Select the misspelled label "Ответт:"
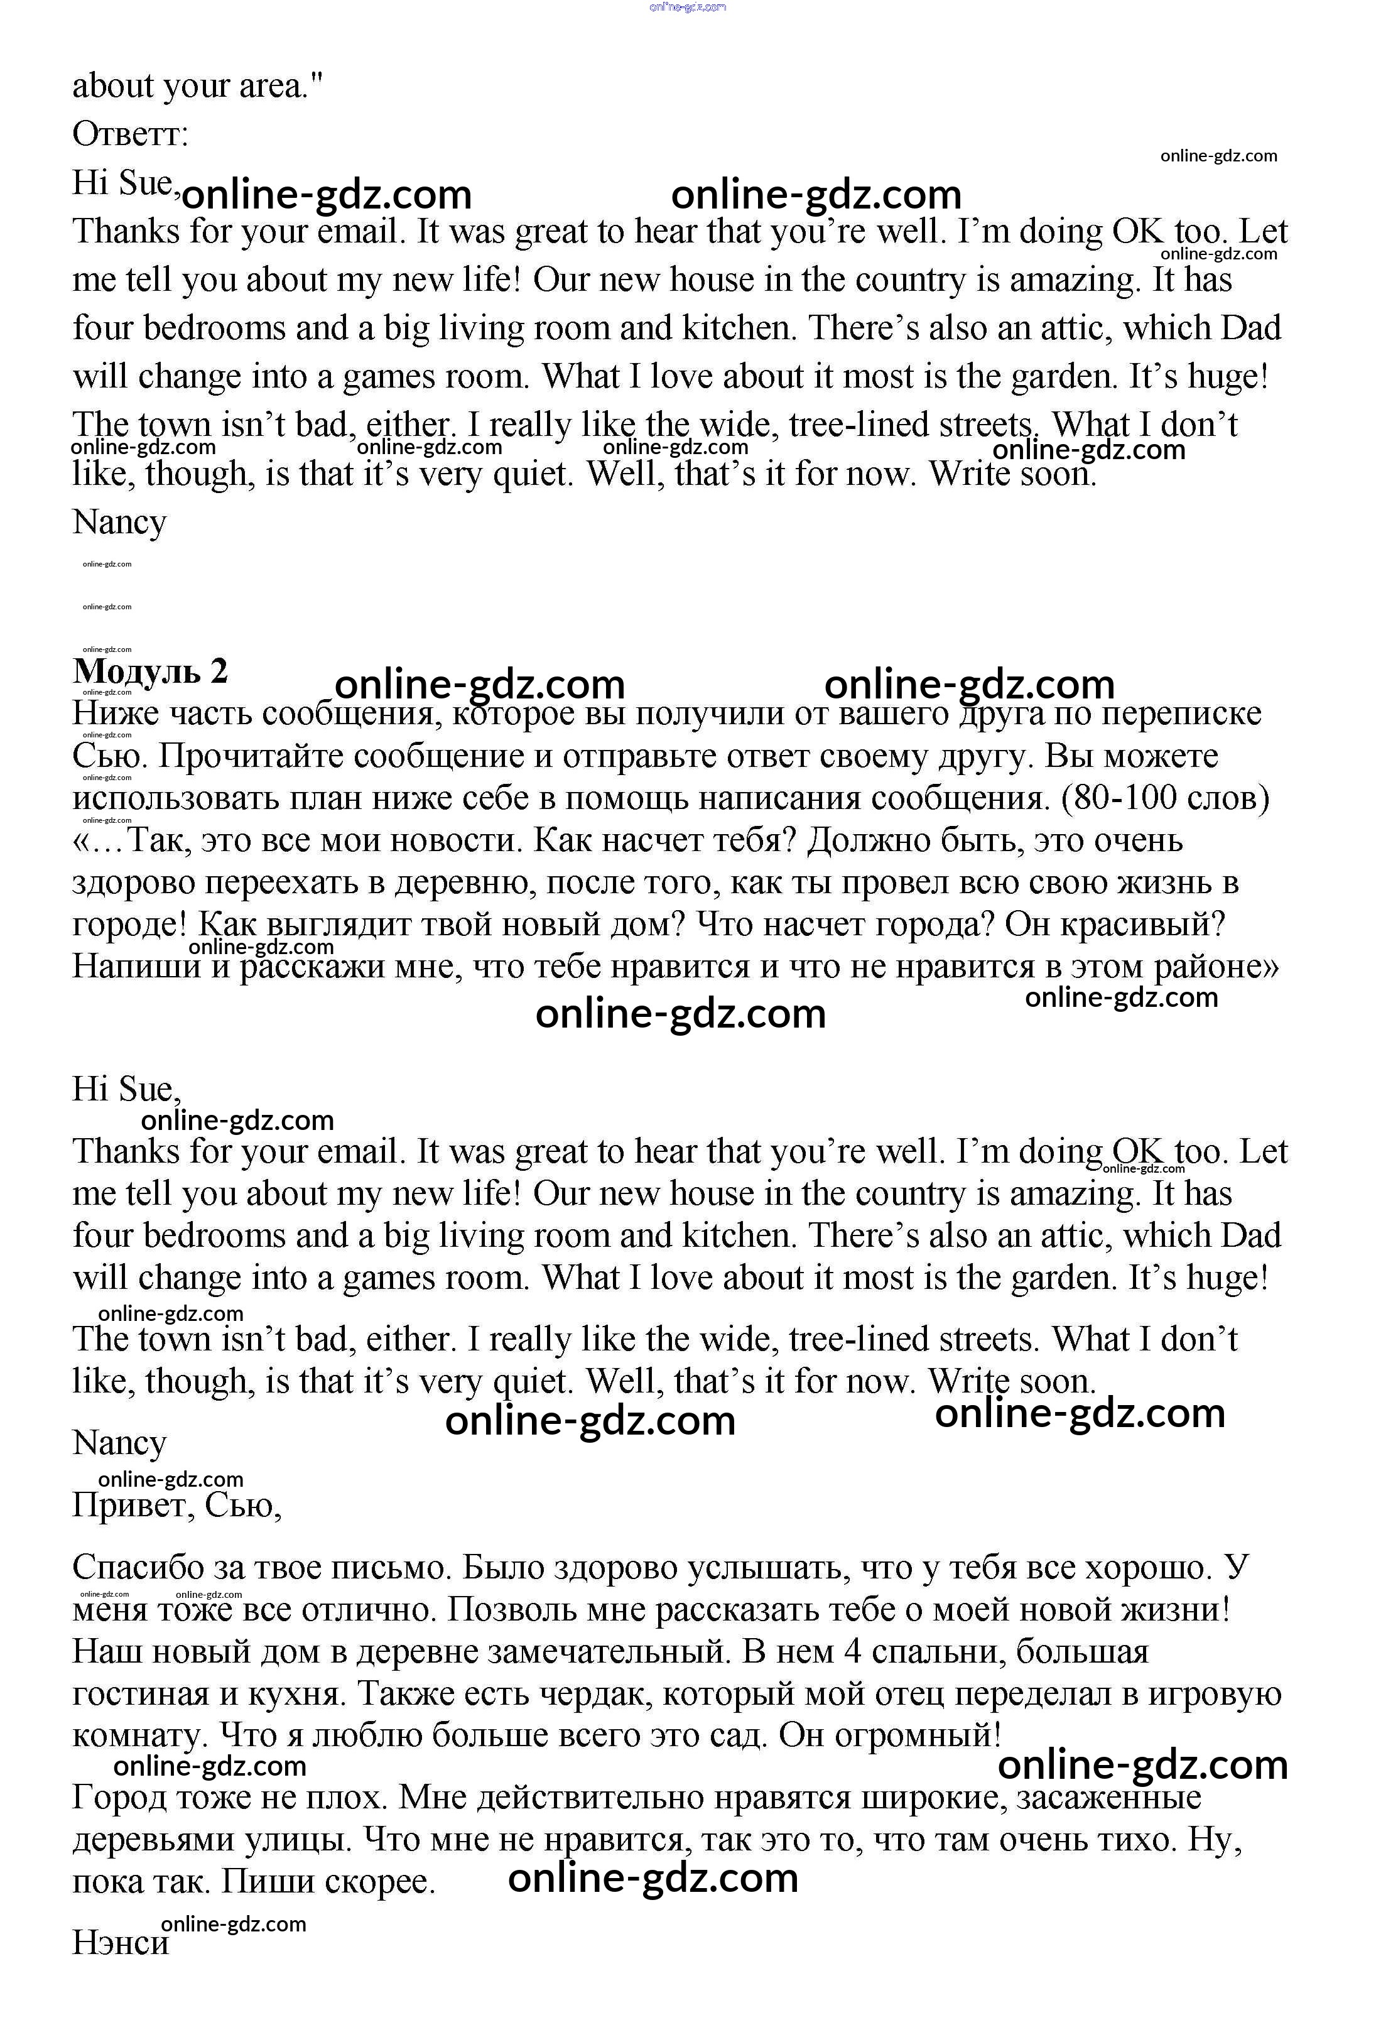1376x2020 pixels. tap(131, 134)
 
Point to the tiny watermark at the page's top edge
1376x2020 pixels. tap(688, 7)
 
